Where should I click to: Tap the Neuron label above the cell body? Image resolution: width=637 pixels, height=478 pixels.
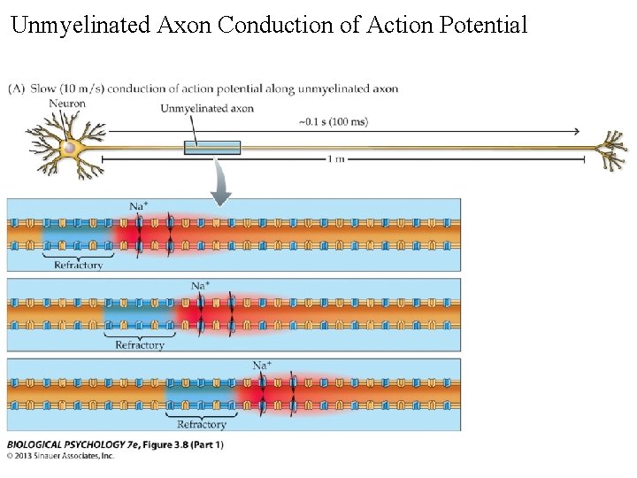click(67, 103)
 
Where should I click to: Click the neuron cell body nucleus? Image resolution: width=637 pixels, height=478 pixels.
click(69, 148)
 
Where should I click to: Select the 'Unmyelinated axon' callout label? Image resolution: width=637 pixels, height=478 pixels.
click(207, 109)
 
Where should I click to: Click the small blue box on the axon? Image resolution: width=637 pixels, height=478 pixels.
click(212, 148)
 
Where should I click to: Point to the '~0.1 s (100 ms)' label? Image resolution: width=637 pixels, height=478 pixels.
click(334, 121)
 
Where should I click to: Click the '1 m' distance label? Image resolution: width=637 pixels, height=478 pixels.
click(337, 158)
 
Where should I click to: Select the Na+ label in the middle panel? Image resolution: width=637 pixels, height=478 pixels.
click(201, 285)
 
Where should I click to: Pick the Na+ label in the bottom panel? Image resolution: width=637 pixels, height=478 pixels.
click(262, 365)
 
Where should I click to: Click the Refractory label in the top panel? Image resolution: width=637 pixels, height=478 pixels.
click(78, 265)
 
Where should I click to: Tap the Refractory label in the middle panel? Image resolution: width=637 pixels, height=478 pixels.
click(140, 345)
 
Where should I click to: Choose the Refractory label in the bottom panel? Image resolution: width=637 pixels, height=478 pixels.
click(202, 424)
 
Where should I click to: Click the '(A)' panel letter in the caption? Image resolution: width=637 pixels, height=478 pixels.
click(17, 88)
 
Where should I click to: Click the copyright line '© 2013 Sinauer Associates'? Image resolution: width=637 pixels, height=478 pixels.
click(62, 457)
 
